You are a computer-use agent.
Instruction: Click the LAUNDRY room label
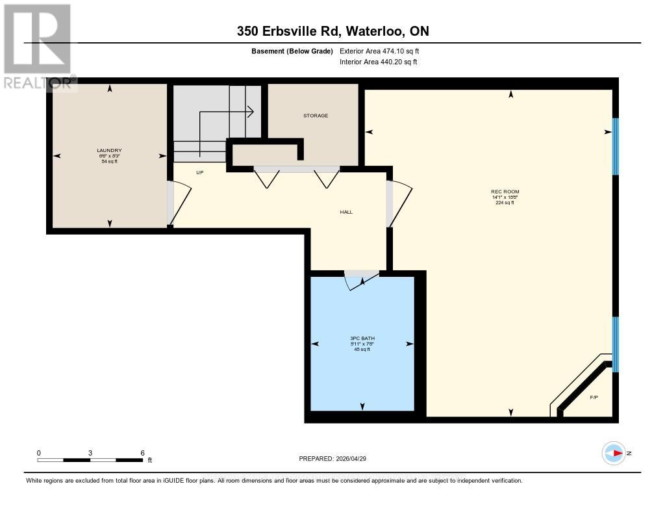[110, 150]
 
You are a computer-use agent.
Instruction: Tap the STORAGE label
[316, 116]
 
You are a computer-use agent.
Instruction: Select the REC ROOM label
[505, 192]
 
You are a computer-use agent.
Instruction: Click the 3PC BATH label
[362, 339]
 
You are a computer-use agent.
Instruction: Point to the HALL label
[346, 212]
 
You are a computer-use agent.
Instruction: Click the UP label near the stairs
[201, 173]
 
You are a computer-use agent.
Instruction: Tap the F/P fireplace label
[593, 397]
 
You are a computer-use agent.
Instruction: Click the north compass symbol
[614, 453]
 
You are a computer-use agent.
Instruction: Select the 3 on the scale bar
[90, 453]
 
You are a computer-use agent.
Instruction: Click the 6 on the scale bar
[142, 453]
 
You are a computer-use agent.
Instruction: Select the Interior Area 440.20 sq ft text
[378, 62]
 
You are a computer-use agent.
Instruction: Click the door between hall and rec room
[398, 203]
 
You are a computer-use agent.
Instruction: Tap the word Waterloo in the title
[377, 31]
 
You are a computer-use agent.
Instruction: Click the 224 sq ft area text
[505, 203]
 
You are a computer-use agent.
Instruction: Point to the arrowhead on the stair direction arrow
[250, 112]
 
